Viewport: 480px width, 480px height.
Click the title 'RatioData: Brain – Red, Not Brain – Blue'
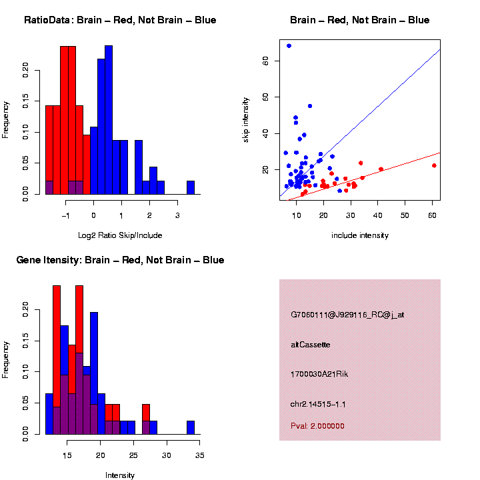(120, 21)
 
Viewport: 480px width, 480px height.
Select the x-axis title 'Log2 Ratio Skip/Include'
(120, 235)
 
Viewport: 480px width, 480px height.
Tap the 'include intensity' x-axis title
(360, 235)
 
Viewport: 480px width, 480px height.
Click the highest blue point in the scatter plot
(289, 46)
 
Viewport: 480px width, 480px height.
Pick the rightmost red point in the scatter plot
(434, 165)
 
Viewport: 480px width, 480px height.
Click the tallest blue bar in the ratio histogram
(109, 120)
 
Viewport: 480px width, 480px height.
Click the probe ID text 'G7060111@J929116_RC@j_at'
(347, 315)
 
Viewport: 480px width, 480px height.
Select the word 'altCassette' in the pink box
(311, 345)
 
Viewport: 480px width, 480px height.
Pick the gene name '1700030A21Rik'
(319, 374)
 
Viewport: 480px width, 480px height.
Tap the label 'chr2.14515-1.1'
(318, 404)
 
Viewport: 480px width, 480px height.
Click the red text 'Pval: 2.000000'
(318, 426)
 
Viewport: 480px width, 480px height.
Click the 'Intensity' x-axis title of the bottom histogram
(120, 475)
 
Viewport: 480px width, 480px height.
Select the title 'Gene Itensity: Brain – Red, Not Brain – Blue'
(120, 260)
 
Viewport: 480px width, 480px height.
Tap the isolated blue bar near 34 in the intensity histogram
(191, 427)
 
